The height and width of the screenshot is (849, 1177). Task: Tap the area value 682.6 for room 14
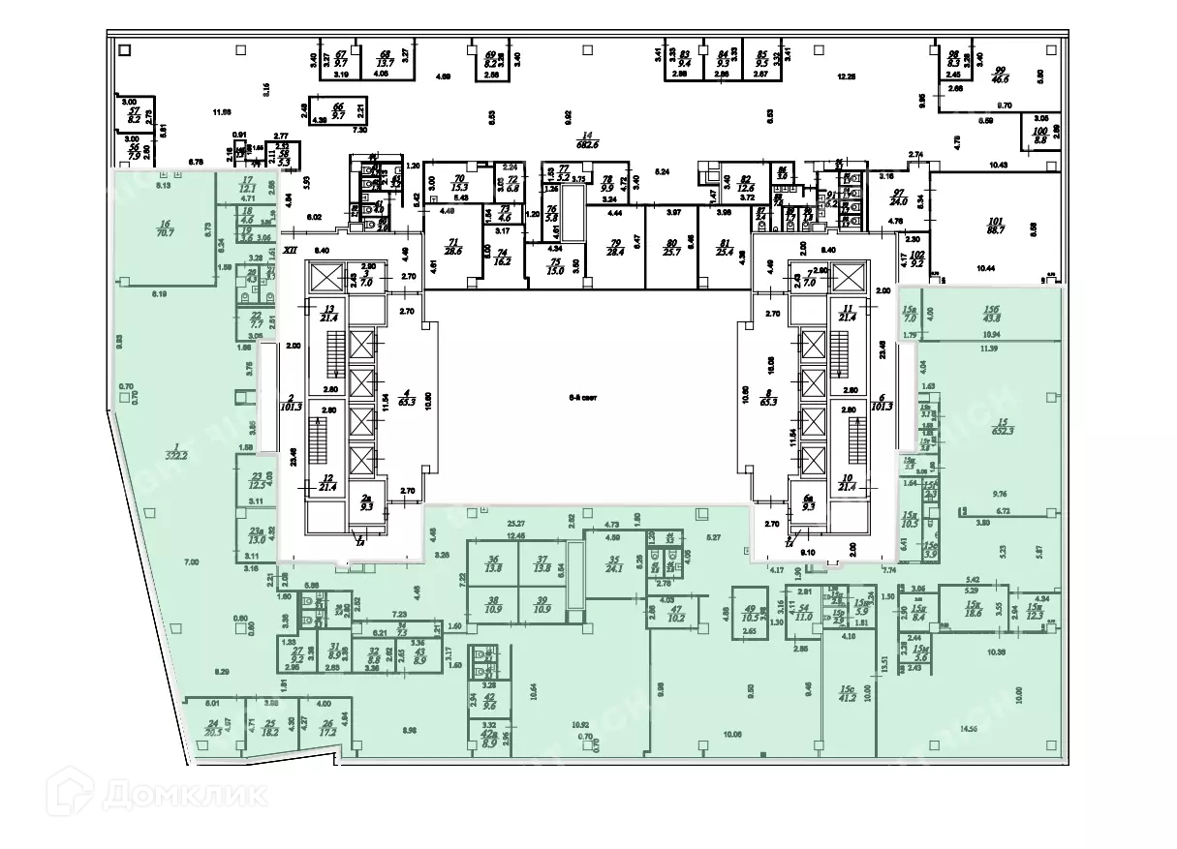[586, 143]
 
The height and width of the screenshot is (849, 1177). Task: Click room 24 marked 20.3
[214, 728]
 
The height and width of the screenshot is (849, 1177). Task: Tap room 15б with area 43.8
[988, 316]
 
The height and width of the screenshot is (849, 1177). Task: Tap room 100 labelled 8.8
[1040, 135]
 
